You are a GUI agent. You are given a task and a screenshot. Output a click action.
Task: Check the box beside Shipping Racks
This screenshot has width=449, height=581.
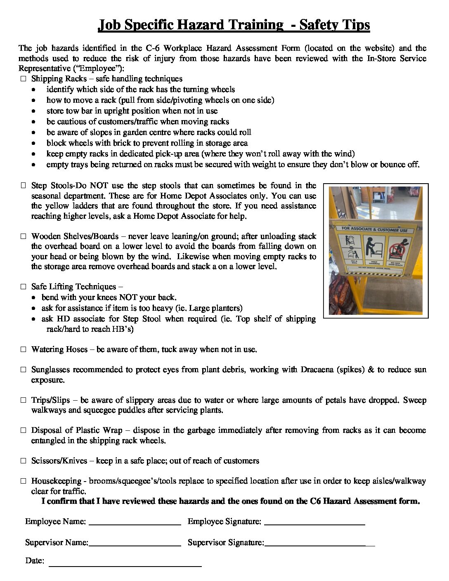click(23, 79)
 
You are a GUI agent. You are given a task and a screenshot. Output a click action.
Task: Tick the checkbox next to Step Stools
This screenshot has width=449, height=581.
click(23, 186)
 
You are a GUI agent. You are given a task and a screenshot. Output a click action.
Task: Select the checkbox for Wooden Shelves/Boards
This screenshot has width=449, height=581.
click(23, 236)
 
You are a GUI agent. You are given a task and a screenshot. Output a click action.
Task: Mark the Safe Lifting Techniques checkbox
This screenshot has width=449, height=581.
click(23, 287)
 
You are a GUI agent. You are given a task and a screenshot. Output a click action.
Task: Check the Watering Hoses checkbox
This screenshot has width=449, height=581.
click(23, 350)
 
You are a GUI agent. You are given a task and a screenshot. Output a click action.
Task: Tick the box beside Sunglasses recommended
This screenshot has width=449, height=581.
click(23, 370)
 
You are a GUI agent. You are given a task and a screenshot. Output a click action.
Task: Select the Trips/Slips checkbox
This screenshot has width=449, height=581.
click(23, 400)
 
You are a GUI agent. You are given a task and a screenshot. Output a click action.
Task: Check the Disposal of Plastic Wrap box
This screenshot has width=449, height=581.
click(23, 430)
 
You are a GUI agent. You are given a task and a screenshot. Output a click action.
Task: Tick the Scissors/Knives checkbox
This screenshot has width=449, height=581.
click(23, 461)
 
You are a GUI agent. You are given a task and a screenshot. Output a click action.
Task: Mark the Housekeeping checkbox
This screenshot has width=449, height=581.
click(23, 481)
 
